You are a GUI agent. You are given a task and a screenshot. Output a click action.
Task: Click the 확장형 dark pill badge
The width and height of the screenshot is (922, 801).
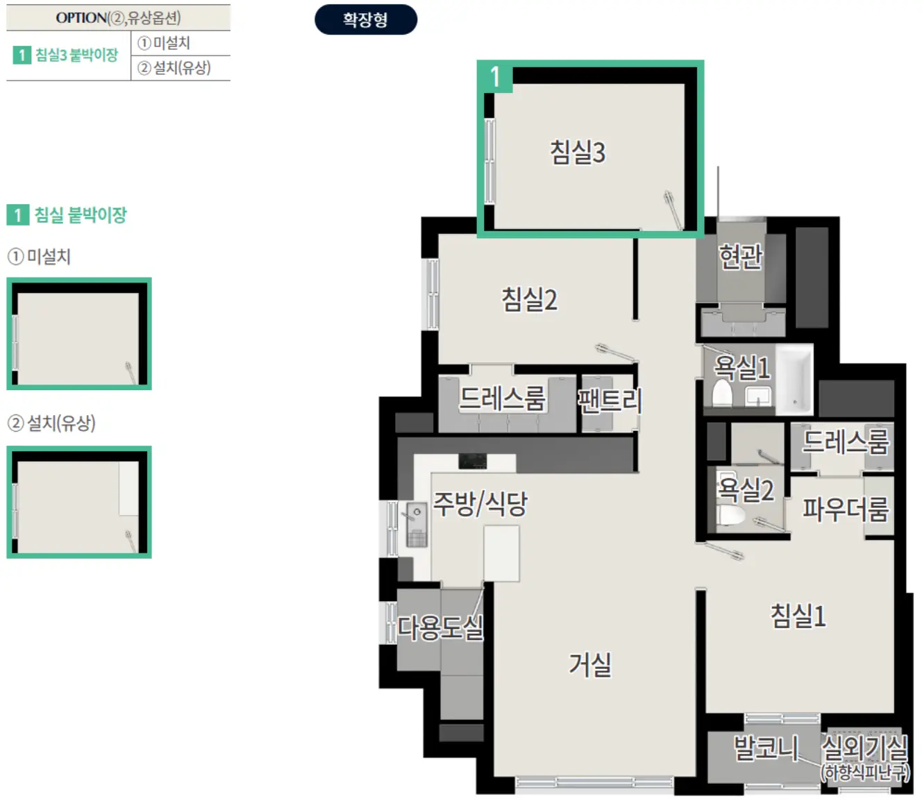pos(365,19)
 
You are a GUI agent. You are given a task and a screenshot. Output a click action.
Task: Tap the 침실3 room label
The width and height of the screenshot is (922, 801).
pos(578,152)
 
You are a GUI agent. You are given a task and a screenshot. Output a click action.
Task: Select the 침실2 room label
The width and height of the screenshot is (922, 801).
pos(530,300)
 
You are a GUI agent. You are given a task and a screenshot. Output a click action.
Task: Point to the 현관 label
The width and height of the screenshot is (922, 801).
pos(741,257)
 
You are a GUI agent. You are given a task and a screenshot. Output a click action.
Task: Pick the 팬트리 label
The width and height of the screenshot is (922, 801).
pos(610,400)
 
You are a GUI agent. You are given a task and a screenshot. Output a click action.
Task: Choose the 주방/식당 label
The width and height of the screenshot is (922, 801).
pos(480,503)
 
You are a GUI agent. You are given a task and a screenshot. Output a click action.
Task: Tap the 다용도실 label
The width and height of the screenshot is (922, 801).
pos(440,627)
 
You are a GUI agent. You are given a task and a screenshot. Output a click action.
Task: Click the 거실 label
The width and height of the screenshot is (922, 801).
pos(590,664)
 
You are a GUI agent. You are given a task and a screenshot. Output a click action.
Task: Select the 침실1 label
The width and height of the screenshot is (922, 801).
pos(798,616)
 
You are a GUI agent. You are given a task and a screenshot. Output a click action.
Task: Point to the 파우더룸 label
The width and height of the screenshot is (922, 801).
pos(846,509)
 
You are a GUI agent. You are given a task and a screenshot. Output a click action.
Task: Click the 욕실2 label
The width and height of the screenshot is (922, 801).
pos(746,489)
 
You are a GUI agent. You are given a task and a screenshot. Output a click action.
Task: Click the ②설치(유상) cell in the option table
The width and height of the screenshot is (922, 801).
pos(181,68)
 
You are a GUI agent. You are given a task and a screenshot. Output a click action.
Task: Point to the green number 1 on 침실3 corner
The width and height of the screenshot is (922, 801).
pos(495,76)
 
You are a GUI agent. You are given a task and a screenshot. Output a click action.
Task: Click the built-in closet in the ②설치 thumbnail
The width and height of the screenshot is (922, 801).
pos(128,489)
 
